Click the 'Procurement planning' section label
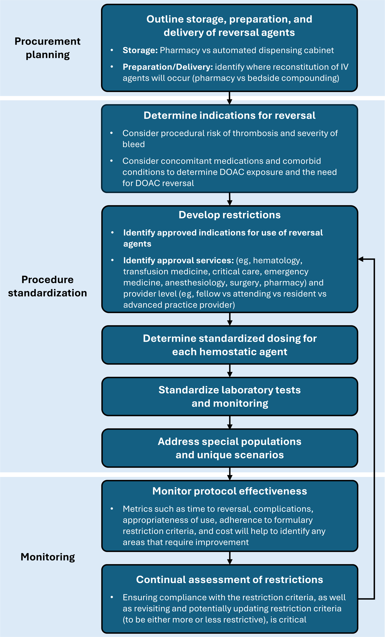tap(48, 48)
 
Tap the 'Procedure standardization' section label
tap(48, 286)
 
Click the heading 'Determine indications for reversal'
tap(230, 115)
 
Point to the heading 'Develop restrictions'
tap(230, 215)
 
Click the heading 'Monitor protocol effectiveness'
tap(230, 491)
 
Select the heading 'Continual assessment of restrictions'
tap(230, 579)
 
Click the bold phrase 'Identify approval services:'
tap(178, 260)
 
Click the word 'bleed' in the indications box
tap(134, 144)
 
